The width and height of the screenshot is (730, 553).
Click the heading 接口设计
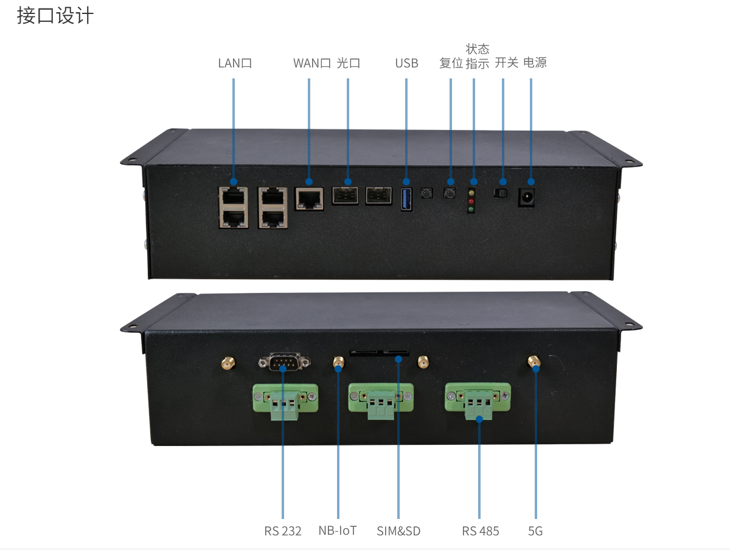click(x=55, y=16)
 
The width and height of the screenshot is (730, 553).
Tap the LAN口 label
click(x=235, y=63)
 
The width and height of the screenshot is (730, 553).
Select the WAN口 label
click(x=311, y=63)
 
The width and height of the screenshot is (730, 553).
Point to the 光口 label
click(x=349, y=63)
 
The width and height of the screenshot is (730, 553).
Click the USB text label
click(x=406, y=63)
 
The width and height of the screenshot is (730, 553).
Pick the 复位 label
click(x=451, y=63)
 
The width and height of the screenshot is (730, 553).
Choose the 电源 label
click(x=535, y=63)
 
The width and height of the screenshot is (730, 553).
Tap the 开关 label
click(x=506, y=63)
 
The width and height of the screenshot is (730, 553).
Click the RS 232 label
click(x=283, y=531)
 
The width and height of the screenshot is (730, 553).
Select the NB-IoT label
click(x=338, y=531)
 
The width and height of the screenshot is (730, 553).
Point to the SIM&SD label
click(x=398, y=531)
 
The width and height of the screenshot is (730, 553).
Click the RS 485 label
click(x=480, y=531)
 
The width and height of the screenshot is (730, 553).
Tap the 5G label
click(x=535, y=531)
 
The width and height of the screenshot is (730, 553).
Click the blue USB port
click(x=406, y=199)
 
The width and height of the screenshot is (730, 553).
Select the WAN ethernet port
click(x=309, y=198)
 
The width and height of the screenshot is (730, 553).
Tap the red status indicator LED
click(x=471, y=201)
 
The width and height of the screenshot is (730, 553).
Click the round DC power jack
click(x=526, y=197)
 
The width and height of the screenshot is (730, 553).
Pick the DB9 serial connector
click(x=283, y=362)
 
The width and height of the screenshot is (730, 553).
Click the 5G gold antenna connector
click(x=534, y=363)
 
